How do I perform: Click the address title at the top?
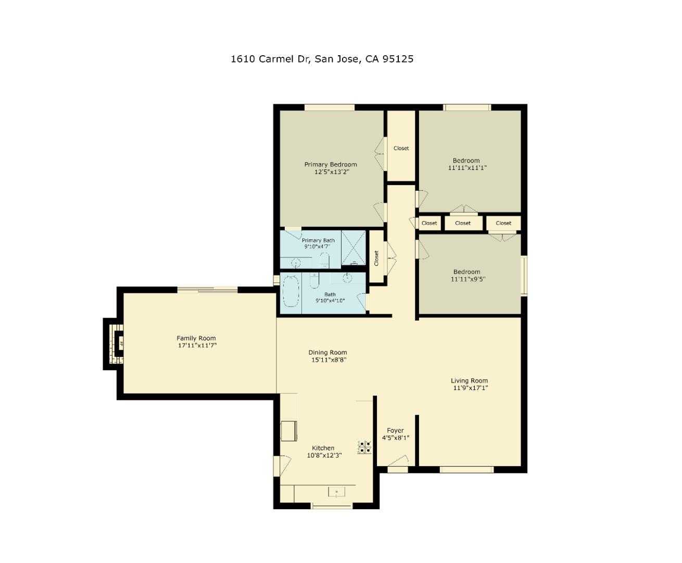click(322, 59)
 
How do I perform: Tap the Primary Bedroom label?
click(331, 165)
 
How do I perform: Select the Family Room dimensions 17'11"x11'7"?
click(196, 345)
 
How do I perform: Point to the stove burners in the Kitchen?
click(364, 447)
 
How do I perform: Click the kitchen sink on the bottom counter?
click(336, 492)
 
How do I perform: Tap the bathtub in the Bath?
click(291, 292)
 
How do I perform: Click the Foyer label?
click(395, 431)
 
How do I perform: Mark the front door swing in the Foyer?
click(398, 461)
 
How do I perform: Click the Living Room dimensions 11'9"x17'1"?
click(469, 388)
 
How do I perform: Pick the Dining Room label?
click(327, 352)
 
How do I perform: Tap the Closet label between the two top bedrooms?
click(401, 149)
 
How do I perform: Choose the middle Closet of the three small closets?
click(462, 223)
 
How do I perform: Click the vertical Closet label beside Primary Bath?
click(376, 258)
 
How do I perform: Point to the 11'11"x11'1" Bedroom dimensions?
click(467, 168)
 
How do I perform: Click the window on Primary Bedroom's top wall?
click(329, 107)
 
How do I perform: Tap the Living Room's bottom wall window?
click(466, 470)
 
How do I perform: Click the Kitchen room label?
click(323, 448)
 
